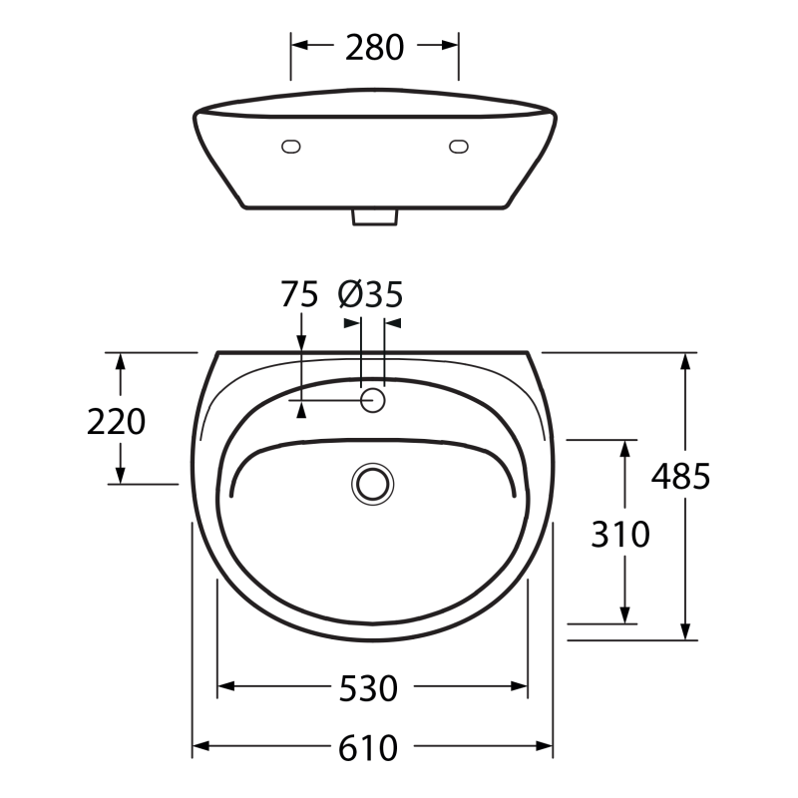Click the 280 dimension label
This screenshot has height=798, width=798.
[x=375, y=47]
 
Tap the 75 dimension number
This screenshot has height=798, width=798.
[x=299, y=294]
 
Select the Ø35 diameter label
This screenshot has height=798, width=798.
[x=370, y=294]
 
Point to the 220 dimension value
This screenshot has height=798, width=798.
[x=116, y=422]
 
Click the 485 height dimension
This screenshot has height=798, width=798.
[x=680, y=477]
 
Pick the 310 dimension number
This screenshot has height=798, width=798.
[x=620, y=535]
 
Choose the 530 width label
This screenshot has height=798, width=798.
[x=368, y=688]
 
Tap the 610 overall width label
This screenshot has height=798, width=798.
[x=368, y=748]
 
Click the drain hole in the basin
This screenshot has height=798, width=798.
[x=372, y=484]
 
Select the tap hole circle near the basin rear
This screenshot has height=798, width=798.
[x=372, y=400]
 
